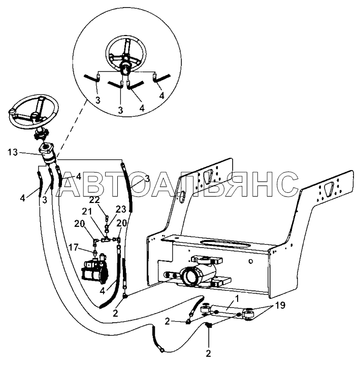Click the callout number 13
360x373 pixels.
tap(12, 152)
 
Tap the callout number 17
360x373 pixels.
tap(74, 248)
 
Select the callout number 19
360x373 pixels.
tap(280, 305)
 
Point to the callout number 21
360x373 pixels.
tap(87, 211)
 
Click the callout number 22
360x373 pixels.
tap(94, 200)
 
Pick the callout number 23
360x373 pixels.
tap(121, 209)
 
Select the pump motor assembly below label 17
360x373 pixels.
tap(95, 269)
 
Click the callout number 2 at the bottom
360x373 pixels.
tap(208, 354)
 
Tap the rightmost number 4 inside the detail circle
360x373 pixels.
tap(161, 95)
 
